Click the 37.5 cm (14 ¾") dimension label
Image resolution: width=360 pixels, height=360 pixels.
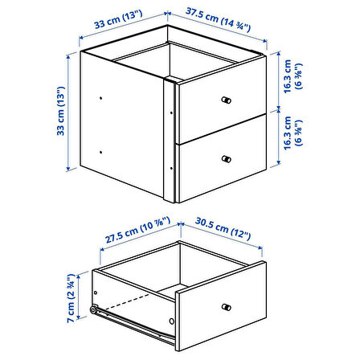coord(218,20)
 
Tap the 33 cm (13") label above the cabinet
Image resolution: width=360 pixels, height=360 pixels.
coord(118,19)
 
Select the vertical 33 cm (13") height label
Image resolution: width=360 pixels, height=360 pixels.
coord(61,111)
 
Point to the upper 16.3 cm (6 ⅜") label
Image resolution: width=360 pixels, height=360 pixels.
coord(292,76)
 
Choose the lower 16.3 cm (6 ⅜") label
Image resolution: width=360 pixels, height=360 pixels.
coord(292,133)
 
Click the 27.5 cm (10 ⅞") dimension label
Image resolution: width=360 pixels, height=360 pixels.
coord(137,231)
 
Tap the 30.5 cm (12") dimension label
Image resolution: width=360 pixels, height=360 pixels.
coord(223,228)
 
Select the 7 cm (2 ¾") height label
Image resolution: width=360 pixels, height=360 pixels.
coord(71,298)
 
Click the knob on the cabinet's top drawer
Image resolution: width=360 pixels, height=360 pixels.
coord(227,100)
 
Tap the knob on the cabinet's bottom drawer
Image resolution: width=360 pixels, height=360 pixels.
coord(227,159)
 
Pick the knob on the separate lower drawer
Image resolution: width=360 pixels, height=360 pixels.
coord(227,307)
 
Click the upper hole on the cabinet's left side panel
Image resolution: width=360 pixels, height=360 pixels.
coord(100,98)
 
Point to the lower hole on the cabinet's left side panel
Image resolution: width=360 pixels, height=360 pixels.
coord(100,152)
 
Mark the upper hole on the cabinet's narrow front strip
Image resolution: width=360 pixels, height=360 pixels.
coord(171,113)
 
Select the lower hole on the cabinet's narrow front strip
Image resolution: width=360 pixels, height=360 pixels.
coord(171,168)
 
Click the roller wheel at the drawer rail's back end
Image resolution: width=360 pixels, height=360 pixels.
coord(93,310)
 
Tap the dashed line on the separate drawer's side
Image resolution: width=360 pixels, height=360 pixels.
coord(128,303)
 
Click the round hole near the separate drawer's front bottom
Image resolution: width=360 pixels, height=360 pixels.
coord(171,321)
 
